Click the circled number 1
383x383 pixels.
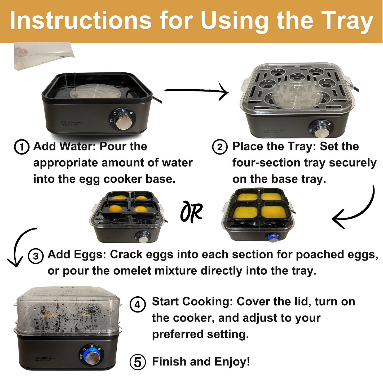(x=22, y=147)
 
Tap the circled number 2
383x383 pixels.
(x=220, y=147)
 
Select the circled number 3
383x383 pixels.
(x=36, y=256)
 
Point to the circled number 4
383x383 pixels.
(x=138, y=304)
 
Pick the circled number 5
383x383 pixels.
(x=138, y=362)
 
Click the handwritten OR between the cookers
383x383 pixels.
(x=191, y=212)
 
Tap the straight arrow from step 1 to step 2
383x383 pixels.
(x=197, y=91)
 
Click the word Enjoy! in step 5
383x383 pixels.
(x=232, y=362)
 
